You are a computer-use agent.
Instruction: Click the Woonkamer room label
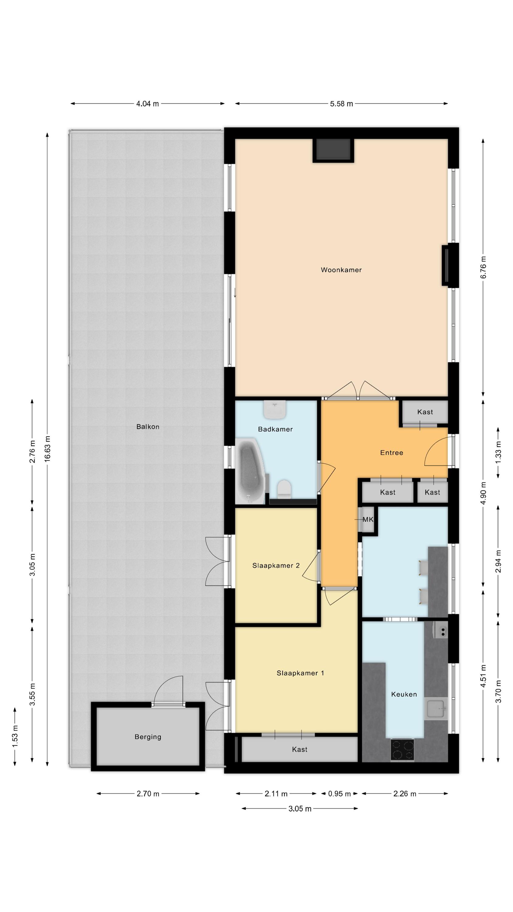coord(341,270)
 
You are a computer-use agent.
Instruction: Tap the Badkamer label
coord(275,429)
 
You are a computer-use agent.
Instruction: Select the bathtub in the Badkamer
coord(250,471)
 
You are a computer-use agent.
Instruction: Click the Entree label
coord(391,452)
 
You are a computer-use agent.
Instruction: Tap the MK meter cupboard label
coord(368,519)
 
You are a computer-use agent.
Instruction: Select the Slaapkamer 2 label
coord(276,565)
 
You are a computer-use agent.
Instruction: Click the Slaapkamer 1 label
coord(300,673)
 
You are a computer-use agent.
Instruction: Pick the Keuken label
coord(404,694)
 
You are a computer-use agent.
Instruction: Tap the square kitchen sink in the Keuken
coord(436,708)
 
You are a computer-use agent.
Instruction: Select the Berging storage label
coord(148,737)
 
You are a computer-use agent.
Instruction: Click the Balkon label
coord(148,427)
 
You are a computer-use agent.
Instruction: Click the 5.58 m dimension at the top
coord(341,104)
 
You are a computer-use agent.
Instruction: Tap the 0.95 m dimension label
coord(339,794)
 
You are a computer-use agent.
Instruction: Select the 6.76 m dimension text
coord(483,267)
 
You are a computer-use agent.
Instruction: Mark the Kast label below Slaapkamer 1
coord(300,749)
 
